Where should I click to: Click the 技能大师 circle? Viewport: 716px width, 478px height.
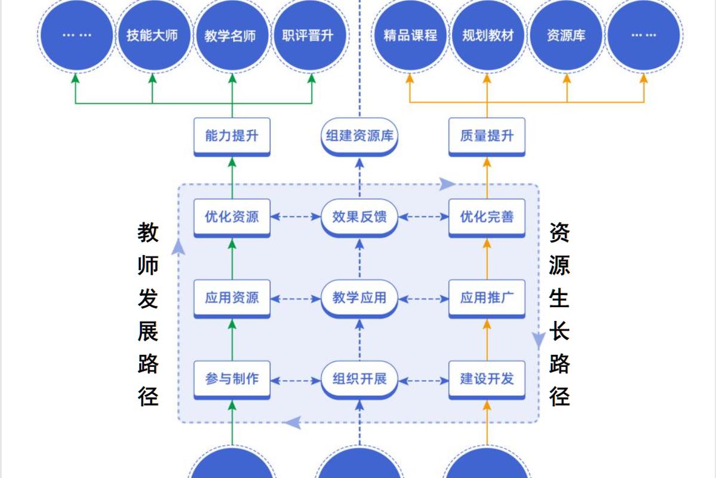[152, 35]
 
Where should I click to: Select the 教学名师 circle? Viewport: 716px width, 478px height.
[230, 35]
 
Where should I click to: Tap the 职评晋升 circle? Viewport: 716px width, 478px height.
[308, 35]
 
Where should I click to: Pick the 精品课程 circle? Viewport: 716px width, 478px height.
[410, 35]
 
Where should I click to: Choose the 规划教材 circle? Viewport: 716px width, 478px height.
[488, 35]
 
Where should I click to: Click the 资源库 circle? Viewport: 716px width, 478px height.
[566, 35]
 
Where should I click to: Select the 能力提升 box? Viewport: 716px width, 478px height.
[232, 137]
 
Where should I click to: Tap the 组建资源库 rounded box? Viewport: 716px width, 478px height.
[359, 137]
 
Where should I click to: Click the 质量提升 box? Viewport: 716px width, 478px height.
[487, 137]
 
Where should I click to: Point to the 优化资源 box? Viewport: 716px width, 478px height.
[232, 218]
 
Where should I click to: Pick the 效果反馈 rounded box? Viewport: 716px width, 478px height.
[359, 218]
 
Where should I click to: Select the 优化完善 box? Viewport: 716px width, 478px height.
[487, 218]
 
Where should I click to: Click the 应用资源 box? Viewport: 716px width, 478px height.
[232, 299]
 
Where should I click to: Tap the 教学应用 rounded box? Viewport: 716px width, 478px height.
[359, 299]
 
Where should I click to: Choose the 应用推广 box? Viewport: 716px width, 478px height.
[487, 299]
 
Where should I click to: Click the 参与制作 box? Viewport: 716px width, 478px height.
[232, 380]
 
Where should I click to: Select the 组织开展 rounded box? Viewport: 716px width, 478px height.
[359, 380]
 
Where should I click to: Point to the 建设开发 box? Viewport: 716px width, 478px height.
[487, 380]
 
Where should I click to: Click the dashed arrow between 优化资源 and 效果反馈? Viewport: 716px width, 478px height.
[296, 217]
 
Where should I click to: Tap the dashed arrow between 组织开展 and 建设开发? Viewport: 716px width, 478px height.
[423, 380]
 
